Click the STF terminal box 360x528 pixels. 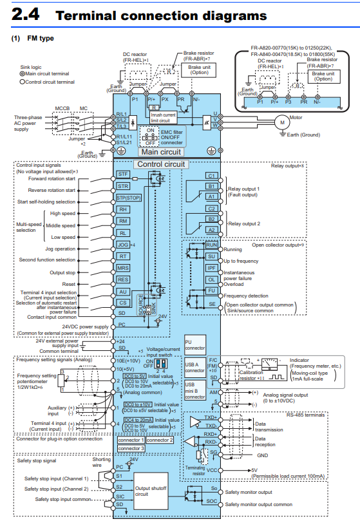tap(123, 174)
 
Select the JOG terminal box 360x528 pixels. tap(123, 245)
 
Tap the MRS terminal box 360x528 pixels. tap(123, 268)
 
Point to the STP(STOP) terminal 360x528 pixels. tap(123, 198)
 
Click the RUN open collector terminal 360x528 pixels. tap(211, 245)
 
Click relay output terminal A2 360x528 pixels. tap(211, 230)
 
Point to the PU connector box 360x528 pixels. tap(194, 343)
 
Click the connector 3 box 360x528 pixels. tap(131, 448)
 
